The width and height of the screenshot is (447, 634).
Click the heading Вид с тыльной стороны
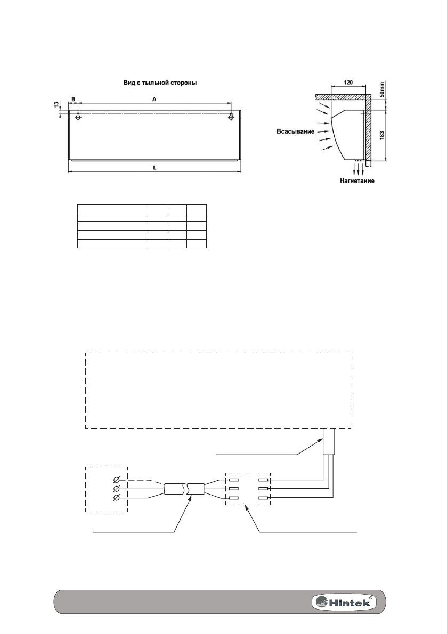160,83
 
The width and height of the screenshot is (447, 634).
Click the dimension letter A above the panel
154,99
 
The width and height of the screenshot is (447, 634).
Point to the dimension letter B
73,99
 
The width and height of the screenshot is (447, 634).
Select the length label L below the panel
155,167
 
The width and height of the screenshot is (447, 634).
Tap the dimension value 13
56,104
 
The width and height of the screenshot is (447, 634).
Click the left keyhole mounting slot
78,117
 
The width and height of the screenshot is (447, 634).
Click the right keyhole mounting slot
231,117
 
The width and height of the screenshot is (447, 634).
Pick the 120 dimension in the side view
348,83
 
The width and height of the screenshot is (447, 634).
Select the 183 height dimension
382,135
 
